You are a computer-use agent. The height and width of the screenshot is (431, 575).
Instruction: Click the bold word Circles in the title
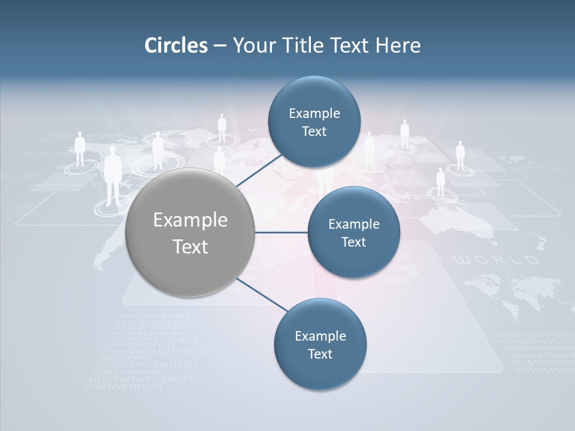pos(176,45)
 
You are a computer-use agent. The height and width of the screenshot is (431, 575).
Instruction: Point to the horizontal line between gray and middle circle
pos(281,232)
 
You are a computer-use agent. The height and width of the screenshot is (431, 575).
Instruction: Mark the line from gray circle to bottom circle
pos(261,295)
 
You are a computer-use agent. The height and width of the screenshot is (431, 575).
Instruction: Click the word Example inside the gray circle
pos(190,220)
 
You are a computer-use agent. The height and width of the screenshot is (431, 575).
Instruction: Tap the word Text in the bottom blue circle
pos(320,354)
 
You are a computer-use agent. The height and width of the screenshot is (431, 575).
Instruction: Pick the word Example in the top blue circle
pos(314,113)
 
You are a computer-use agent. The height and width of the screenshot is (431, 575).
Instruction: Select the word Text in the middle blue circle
pos(353,242)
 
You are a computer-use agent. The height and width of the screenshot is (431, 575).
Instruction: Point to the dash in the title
pos(219,46)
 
